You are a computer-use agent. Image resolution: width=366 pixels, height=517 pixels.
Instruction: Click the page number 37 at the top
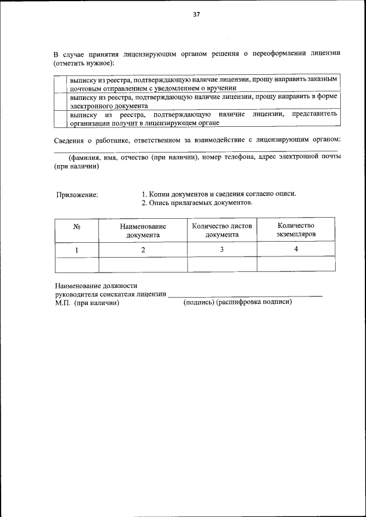(196, 15)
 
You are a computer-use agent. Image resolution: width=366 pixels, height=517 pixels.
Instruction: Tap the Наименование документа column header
(143, 230)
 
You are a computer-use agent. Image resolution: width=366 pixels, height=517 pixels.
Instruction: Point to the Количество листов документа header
(222, 230)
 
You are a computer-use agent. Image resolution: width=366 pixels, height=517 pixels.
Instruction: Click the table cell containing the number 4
(296, 249)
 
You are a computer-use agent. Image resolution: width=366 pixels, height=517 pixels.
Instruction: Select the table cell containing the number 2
(143, 250)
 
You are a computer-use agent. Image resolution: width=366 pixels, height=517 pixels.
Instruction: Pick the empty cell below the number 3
(222, 264)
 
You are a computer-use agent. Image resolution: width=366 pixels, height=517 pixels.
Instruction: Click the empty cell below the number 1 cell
(77, 264)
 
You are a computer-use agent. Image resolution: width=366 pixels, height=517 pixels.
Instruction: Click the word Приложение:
(77, 194)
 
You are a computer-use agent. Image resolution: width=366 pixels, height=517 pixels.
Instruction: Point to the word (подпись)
(198, 303)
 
